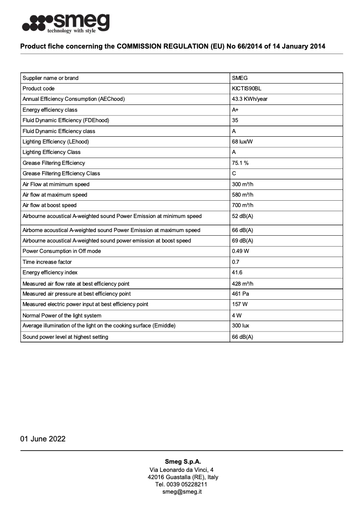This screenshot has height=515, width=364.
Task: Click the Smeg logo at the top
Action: coord(66,23)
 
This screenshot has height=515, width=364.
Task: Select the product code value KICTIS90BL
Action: coord(246,89)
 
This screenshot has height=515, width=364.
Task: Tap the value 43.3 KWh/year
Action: coord(250,99)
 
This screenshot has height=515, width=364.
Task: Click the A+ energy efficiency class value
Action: coord(235,110)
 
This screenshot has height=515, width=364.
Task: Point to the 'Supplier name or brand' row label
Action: coord(50,78)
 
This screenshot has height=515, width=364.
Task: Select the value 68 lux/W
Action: coord(242,142)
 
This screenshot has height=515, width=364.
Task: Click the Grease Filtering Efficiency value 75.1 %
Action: coord(240,163)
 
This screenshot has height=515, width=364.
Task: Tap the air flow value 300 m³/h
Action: coord(242,184)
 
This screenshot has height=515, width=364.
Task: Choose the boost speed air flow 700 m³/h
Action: coord(242,205)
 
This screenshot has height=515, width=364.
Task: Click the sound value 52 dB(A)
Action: coord(242,216)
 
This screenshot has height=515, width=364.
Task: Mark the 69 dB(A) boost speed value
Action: coord(242,241)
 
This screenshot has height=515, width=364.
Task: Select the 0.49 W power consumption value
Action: coord(240,251)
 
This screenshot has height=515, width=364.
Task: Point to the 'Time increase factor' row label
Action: coord(47,262)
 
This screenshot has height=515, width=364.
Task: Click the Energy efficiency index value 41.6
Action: coord(237,272)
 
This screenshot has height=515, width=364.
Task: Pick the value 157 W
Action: coord(239,304)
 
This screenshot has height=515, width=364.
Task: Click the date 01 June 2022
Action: coord(43,439)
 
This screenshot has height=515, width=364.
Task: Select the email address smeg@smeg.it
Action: coord(182,492)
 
